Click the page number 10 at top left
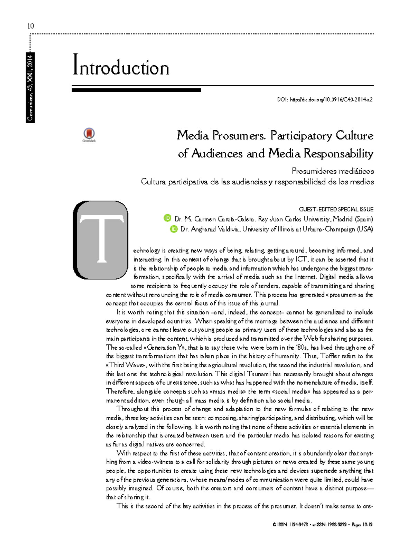pos(30,26)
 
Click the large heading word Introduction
pos(121,67)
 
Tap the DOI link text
pos(325,100)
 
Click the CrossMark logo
pos(89,135)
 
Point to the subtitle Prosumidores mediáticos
pos(332,171)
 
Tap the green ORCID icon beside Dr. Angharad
pos(174,229)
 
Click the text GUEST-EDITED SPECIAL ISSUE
pos(336,209)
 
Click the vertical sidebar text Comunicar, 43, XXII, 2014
pos(30,88)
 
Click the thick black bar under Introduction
pos(136,90)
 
